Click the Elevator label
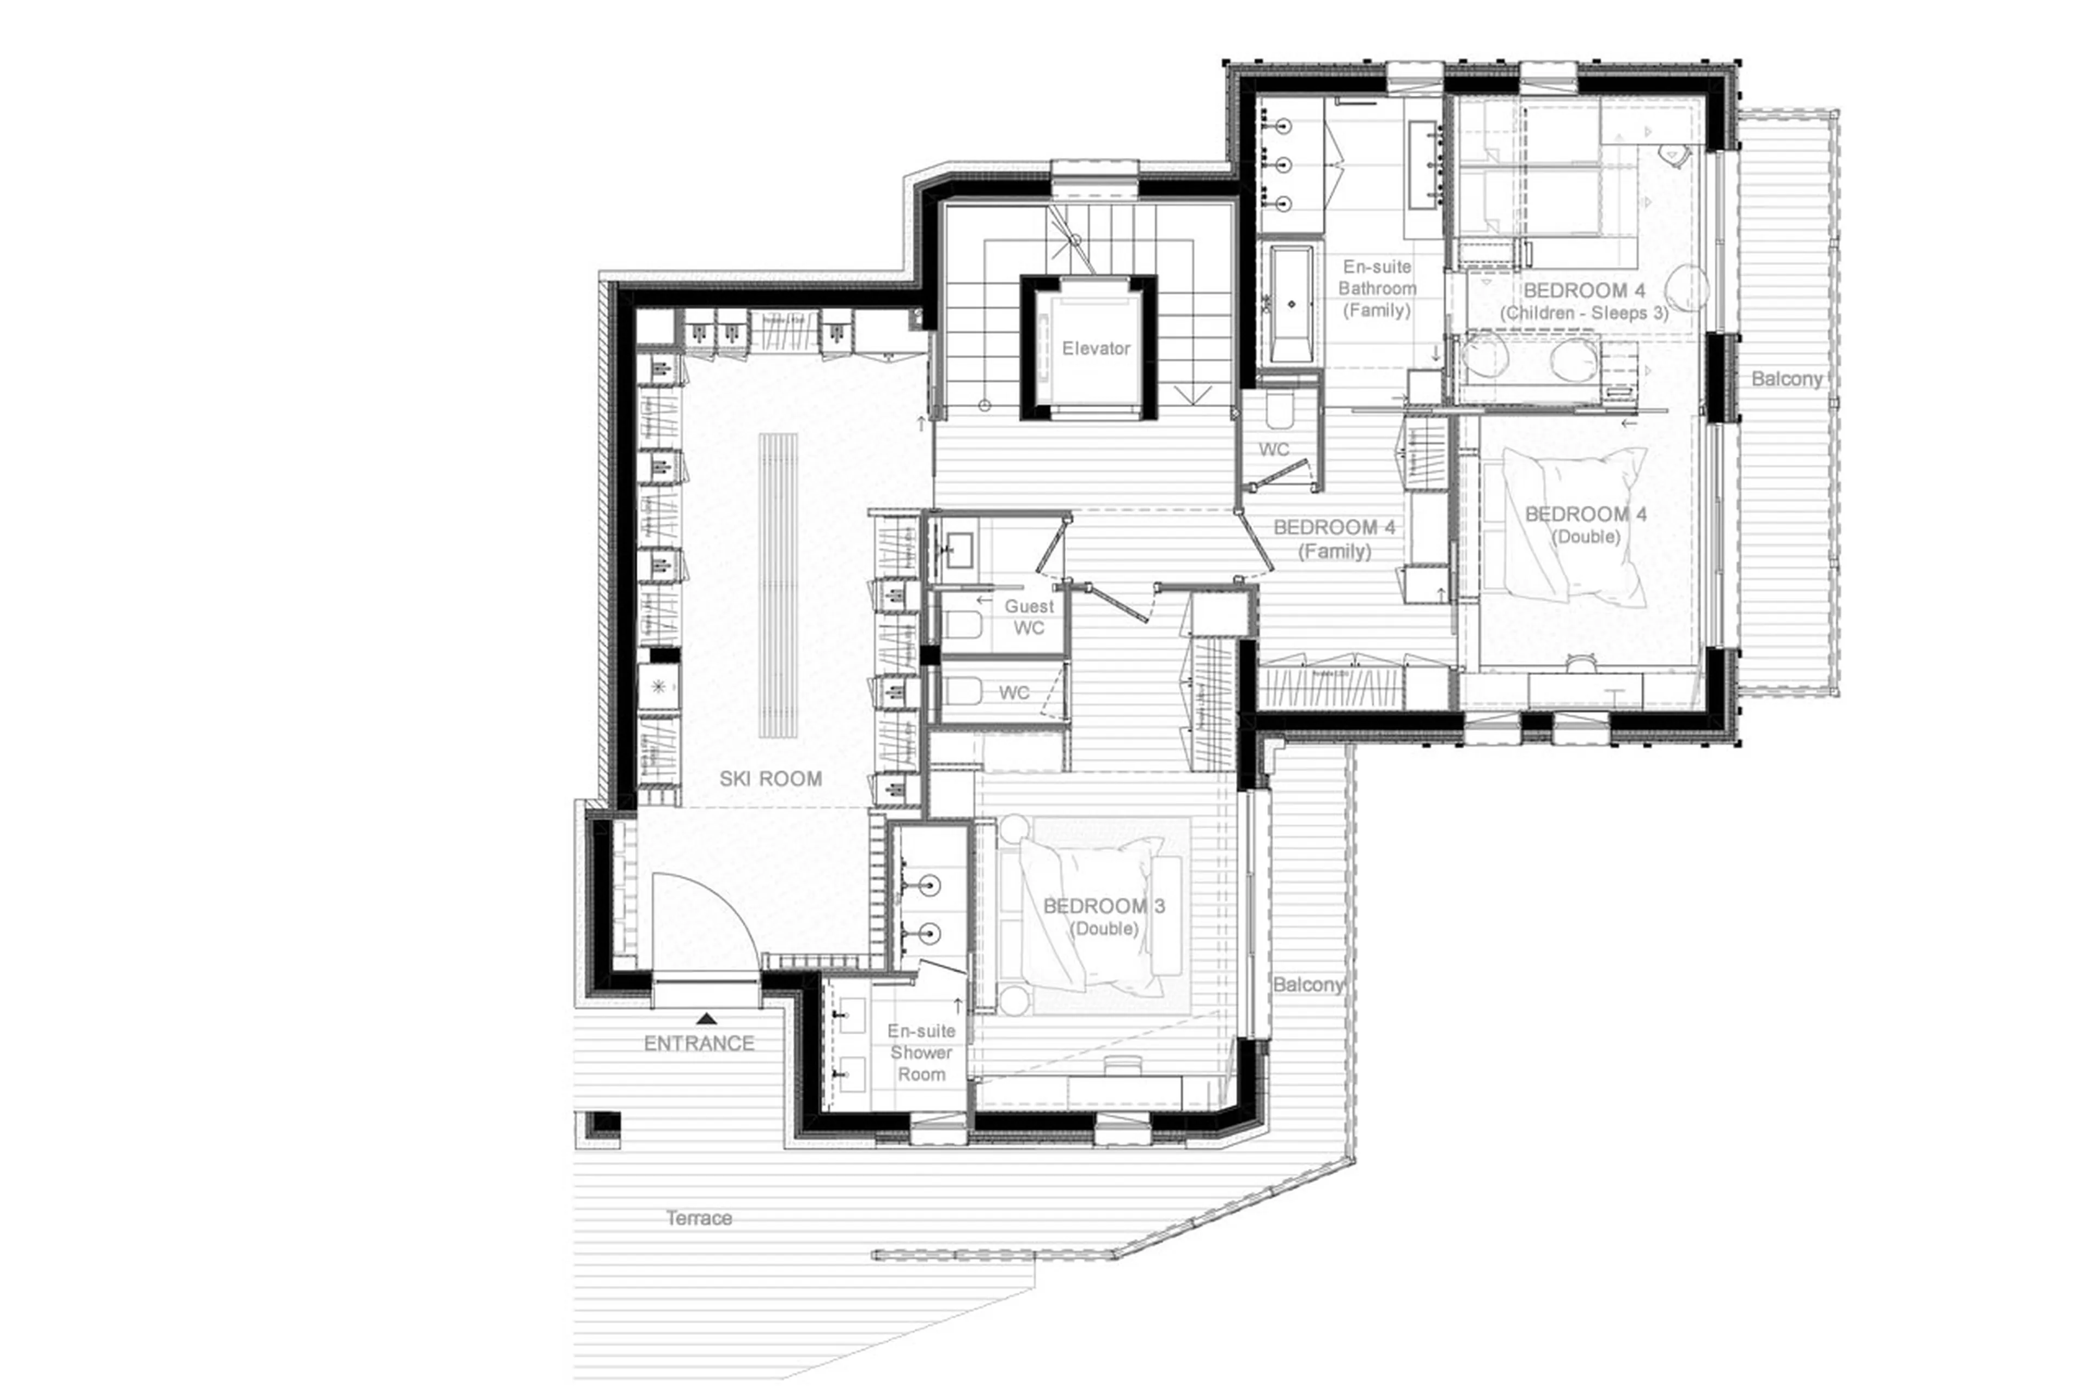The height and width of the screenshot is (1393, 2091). click(1095, 348)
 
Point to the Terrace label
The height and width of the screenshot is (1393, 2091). click(699, 1218)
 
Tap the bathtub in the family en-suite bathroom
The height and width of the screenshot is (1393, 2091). click(1291, 305)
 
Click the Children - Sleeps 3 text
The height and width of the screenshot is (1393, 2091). click(1583, 312)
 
